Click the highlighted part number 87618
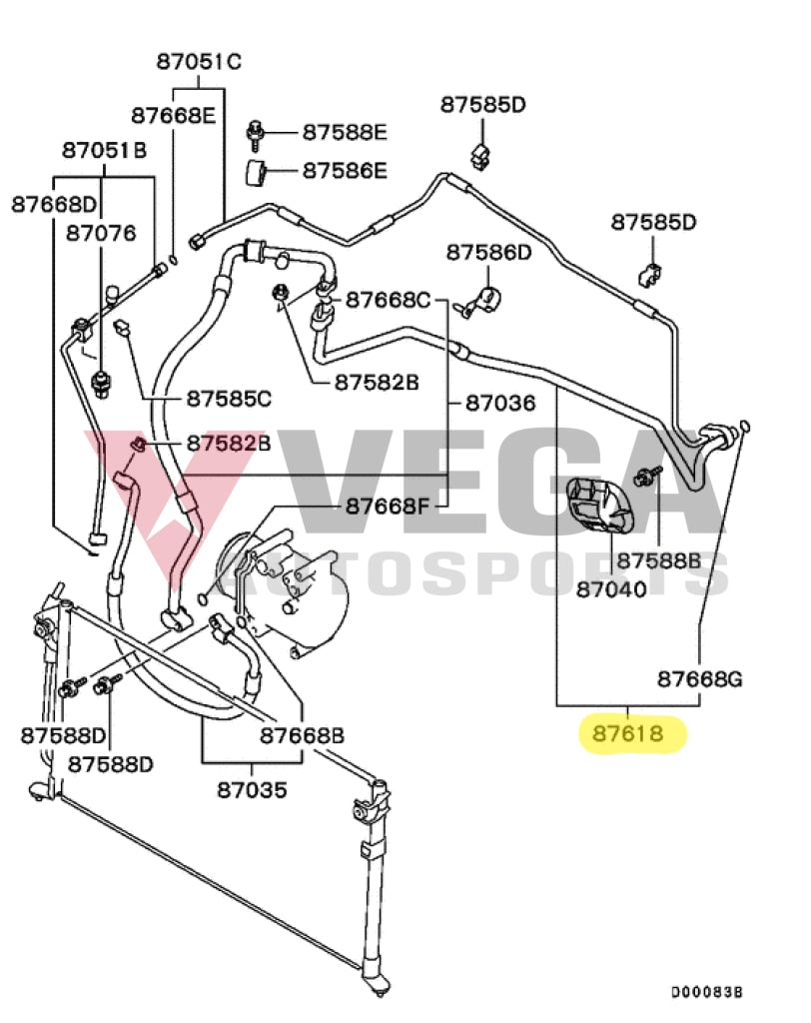(628, 734)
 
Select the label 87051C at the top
(199, 62)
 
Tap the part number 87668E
(173, 114)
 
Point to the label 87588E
(345, 132)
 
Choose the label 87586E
(345, 171)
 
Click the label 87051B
(104, 151)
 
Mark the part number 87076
(101, 233)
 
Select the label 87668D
(54, 204)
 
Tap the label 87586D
(489, 252)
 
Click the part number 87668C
(388, 300)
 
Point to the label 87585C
(229, 399)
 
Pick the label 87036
(500, 403)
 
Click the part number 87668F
(388, 507)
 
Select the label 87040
(611, 588)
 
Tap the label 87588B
(658, 559)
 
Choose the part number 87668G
(699, 679)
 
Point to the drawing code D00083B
(707, 992)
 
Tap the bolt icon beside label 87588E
(257, 130)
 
